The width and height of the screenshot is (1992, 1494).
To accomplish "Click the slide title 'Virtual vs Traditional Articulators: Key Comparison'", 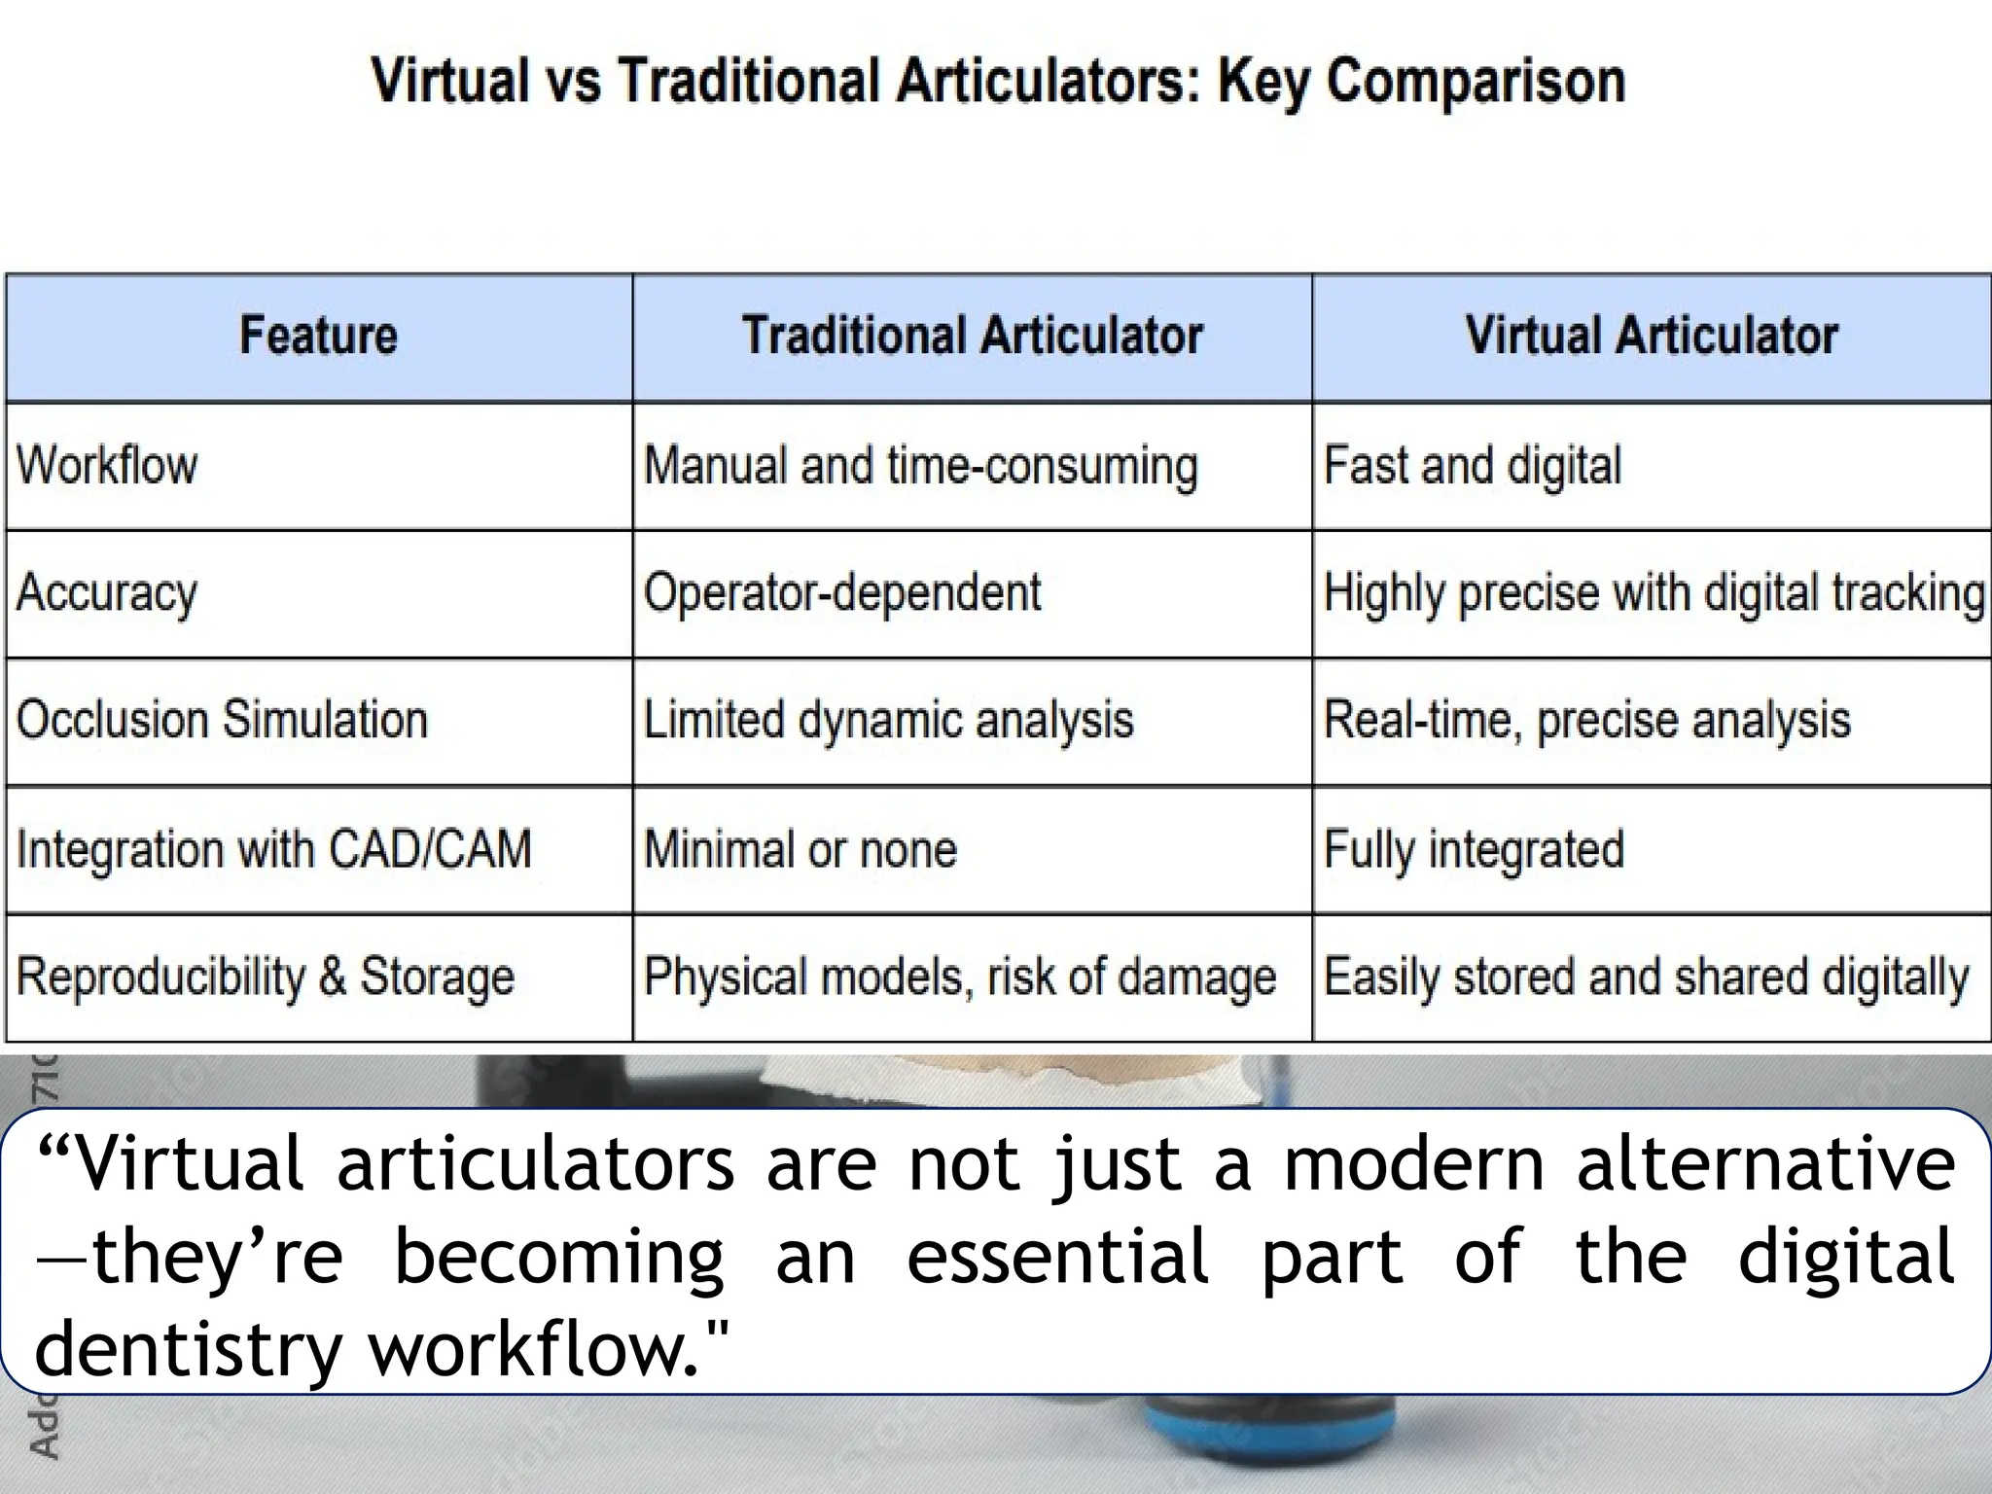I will [998, 82].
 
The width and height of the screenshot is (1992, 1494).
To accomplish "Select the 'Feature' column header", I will [318, 336].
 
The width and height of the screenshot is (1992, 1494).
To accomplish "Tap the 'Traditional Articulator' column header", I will [972, 336].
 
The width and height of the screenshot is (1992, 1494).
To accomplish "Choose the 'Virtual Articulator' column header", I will [1651, 336].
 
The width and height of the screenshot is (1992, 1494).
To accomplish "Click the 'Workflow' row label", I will [107, 465].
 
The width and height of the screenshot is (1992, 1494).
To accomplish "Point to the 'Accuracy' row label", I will [107, 593].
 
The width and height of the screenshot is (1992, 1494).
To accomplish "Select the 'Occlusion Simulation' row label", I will [222, 721].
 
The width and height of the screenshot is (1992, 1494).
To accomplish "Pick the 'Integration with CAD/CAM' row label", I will [274, 849].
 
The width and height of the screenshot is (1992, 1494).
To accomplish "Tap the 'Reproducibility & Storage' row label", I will [266, 977].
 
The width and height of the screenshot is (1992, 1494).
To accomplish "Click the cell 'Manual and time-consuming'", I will [920, 465].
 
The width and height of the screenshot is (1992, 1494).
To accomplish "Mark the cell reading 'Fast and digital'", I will [1473, 465].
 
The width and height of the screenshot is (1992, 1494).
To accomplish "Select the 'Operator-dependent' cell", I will [842, 593].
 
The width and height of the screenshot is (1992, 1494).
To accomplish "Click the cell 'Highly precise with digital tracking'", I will [1653, 593].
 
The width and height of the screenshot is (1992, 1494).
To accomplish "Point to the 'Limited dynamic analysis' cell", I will [888, 721].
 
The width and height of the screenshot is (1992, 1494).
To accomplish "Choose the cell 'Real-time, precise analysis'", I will [1586, 721].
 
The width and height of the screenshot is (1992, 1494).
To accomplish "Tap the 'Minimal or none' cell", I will [800, 849].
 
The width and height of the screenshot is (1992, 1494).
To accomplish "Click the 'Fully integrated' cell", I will [1474, 849].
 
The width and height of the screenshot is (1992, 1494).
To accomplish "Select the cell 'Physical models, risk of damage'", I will [960, 977].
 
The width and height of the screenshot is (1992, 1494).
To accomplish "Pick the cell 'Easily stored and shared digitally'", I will [1646, 977].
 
